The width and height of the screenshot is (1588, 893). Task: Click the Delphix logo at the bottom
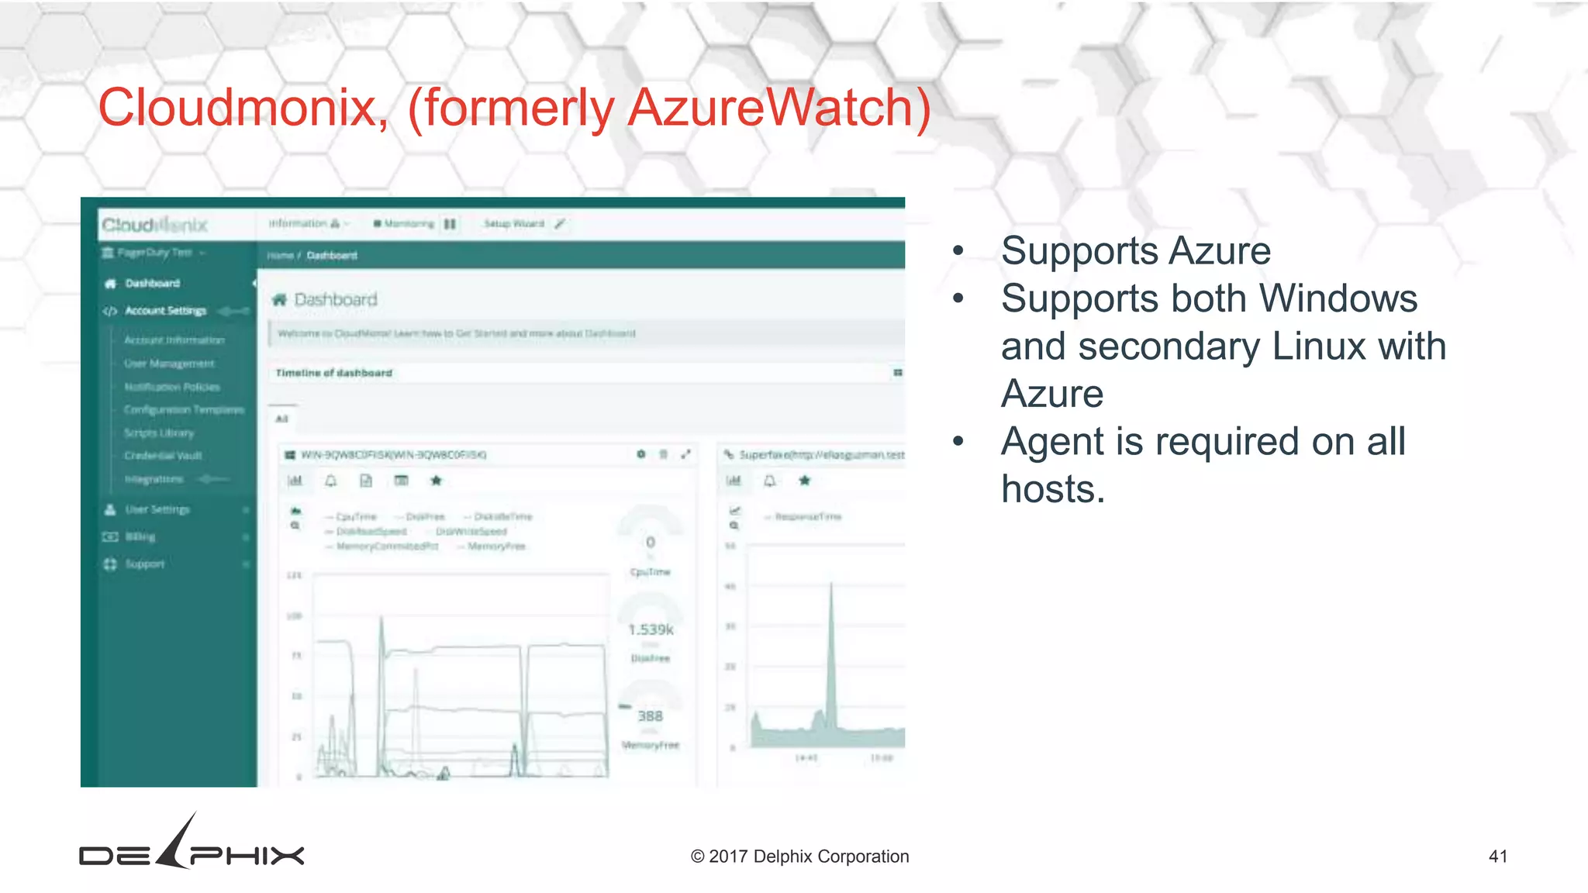click(x=192, y=845)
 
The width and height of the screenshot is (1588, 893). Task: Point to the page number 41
click(x=1498, y=857)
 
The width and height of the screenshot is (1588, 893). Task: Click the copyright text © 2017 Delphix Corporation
click(x=799, y=857)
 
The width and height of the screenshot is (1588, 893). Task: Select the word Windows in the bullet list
click(x=1338, y=298)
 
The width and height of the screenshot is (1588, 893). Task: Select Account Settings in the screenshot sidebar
click(x=165, y=311)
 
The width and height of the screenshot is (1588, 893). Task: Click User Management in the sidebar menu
click(x=169, y=364)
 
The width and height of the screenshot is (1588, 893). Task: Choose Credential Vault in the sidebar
click(x=163, y=456)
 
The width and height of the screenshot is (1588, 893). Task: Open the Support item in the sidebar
click(x=145, y=564)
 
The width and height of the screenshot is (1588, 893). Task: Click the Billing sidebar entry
click(x=140, y=536)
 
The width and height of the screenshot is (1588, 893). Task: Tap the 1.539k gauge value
click(x=651, y=629)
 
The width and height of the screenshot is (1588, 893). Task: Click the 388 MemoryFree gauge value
click(x=650, y=716)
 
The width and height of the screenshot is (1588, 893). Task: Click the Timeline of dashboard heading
click(x=334, y=373)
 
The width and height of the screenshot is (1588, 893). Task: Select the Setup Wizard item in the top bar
click(x=515, y=224)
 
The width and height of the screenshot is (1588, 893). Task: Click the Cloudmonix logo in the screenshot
click(x=155, y=225)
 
